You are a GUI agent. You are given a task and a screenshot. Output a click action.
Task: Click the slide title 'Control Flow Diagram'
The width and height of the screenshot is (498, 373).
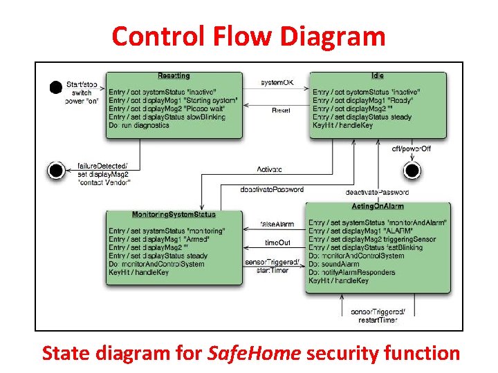click(x=248, y=36)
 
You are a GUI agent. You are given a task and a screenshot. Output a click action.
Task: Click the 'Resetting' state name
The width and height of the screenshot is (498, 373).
click(x=174, y=76)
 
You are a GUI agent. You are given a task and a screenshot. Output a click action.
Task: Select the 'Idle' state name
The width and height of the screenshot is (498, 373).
click(x=377, y=76)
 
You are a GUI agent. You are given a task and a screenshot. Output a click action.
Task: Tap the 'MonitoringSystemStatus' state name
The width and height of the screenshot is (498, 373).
click(x=174, y=214)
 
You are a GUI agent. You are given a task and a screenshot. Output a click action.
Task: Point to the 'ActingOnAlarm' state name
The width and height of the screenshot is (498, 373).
click(x=378, y=207)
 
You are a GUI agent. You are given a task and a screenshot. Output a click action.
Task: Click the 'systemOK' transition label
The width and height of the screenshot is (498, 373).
click(x=277, y=83)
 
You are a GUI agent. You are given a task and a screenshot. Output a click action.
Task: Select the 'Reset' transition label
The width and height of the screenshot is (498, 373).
click(x=281, y=110)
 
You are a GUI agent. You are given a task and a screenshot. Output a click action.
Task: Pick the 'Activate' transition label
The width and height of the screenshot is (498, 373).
click(x=269, y=169)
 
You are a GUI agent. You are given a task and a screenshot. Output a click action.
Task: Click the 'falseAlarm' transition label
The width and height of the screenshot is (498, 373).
click(x=277, y=224)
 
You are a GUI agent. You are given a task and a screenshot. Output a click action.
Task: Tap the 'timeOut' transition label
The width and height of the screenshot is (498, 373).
click(x=277, y=242)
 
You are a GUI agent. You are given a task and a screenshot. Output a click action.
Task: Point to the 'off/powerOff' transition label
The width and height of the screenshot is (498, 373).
click(x=409, y=149)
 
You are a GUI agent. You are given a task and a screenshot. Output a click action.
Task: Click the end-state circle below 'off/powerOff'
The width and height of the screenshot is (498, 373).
click(x=412, y=169)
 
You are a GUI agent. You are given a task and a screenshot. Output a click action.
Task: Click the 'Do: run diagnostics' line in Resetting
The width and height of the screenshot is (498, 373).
click(x=139, y=126)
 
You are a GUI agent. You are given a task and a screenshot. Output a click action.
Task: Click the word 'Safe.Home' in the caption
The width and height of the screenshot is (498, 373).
click(x=254, y=354)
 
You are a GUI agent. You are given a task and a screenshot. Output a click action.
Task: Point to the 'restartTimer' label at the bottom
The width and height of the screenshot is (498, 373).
click(x=378, y=320)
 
